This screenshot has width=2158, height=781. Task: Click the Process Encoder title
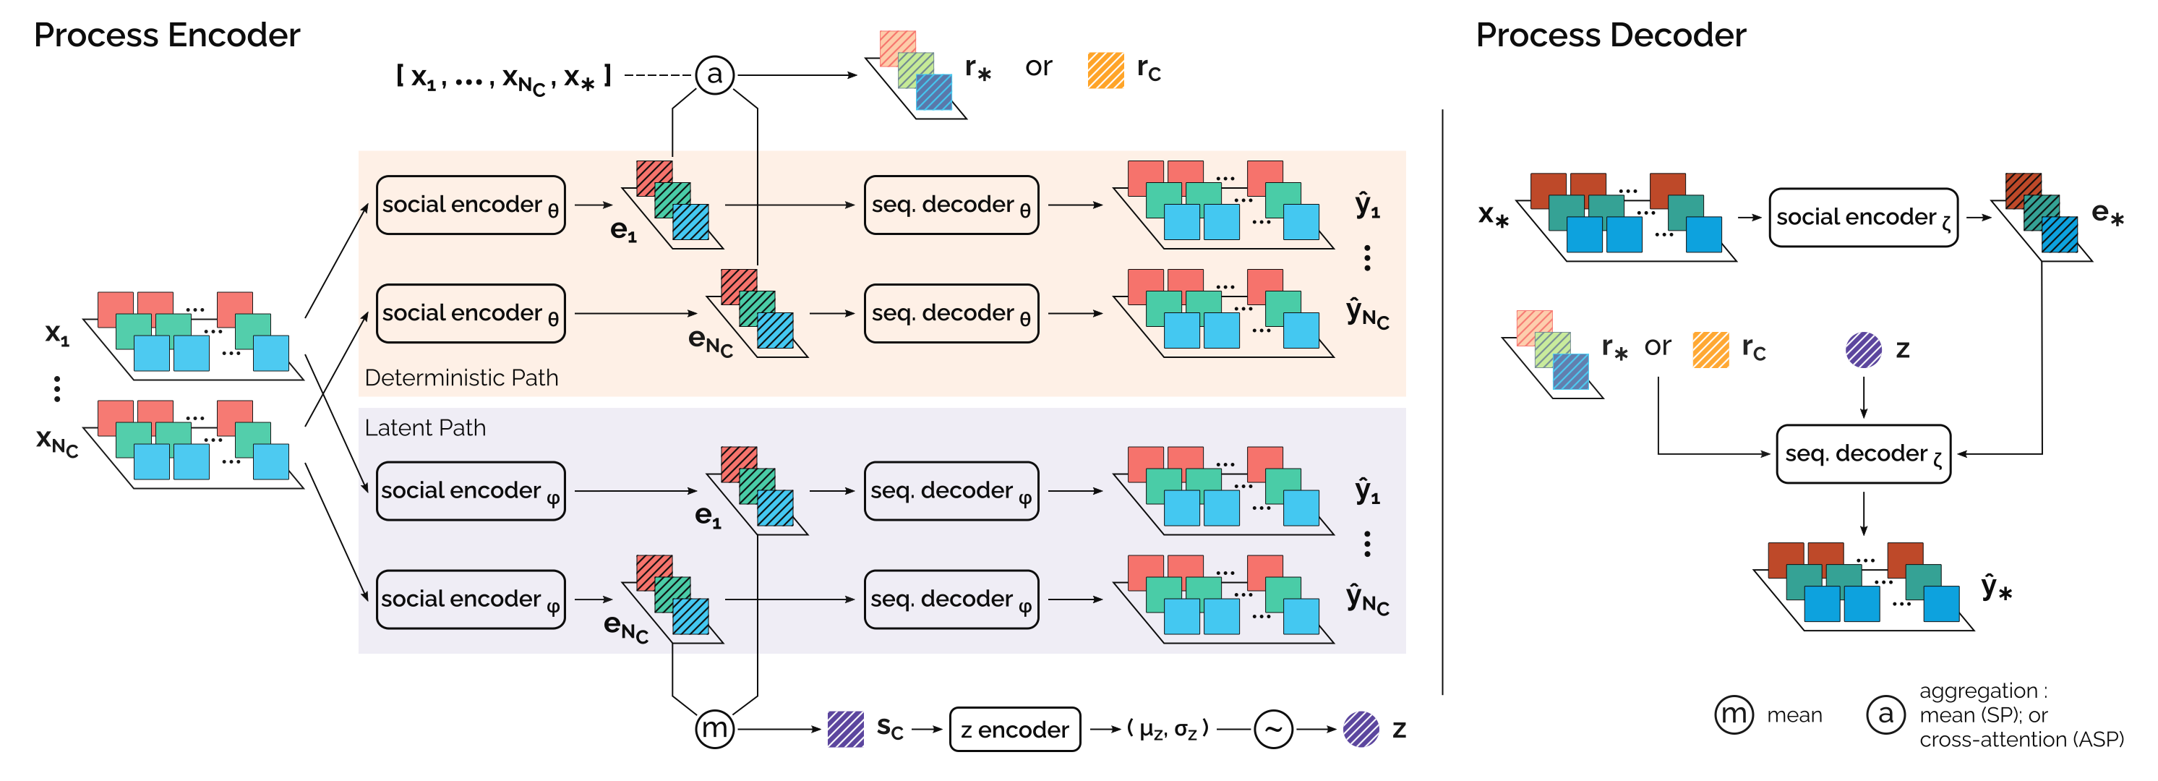(x=167, y=35)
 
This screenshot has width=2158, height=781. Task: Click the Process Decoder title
(x=1610, y=35)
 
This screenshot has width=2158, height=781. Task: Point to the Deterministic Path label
(x=461, y=378)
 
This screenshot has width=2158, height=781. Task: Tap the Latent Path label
(x=426, y=428)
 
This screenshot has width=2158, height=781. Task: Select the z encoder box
(x=1014, y=729)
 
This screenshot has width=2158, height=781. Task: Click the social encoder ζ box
(x=1863, y=218)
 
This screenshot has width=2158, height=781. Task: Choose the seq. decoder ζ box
(x=1863, y=454)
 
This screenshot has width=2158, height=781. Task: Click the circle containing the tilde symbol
(x=1273, y=729)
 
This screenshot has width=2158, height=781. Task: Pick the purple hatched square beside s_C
(x=845, y=729)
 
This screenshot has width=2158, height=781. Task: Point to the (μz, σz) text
(x=1168, y=729)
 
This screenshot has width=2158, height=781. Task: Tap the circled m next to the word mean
(x=1734, y=714)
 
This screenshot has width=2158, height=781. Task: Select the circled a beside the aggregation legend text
(x=1885, y=714)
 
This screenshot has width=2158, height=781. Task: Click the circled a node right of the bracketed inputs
(x=714, y=74)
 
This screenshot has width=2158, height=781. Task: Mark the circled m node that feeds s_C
(x=714, y=729)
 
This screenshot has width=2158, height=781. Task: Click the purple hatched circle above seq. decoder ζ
(x=1863, y=349)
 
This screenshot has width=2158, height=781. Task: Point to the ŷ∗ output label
(x=1996, y=587)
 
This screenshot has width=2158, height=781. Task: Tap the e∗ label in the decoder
(x=2107, y=215)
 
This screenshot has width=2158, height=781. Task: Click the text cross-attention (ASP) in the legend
(x=2021, y=740)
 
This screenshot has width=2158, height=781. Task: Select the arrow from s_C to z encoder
(x=928, y=729)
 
